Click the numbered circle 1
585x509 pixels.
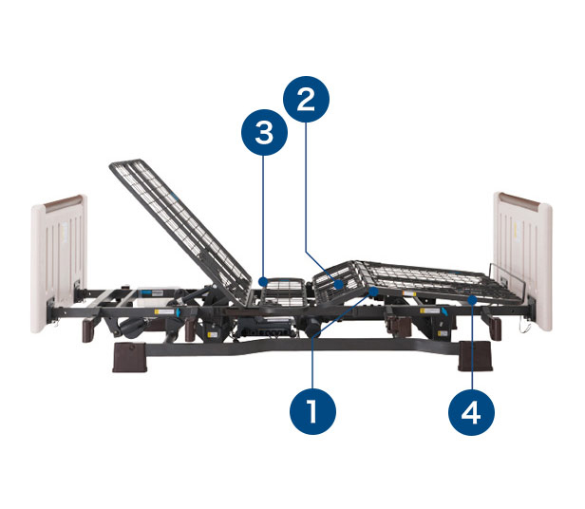coord(312,411)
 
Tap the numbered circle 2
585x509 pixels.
coord(307,100)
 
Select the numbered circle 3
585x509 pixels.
coord(264,133)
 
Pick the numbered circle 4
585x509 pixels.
coord(471,412)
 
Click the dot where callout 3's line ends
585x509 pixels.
coord(264,281)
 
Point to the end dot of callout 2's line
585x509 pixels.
coord(339,285)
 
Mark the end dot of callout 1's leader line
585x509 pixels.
coord(373,292)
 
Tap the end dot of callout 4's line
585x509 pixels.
coord(472,300)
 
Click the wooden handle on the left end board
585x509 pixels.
coord(63,203)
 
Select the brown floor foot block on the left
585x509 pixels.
coord(129,357)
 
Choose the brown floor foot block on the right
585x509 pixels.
coord(475,356)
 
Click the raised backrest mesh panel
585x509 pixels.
coord(181,232)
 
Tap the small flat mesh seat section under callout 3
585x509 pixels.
coord(284,292)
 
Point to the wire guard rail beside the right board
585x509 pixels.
coord(508,279)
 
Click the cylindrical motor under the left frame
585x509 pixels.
coord(132,329)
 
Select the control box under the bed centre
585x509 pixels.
coord(266,327)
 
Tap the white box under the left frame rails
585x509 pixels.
coord(151,292)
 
